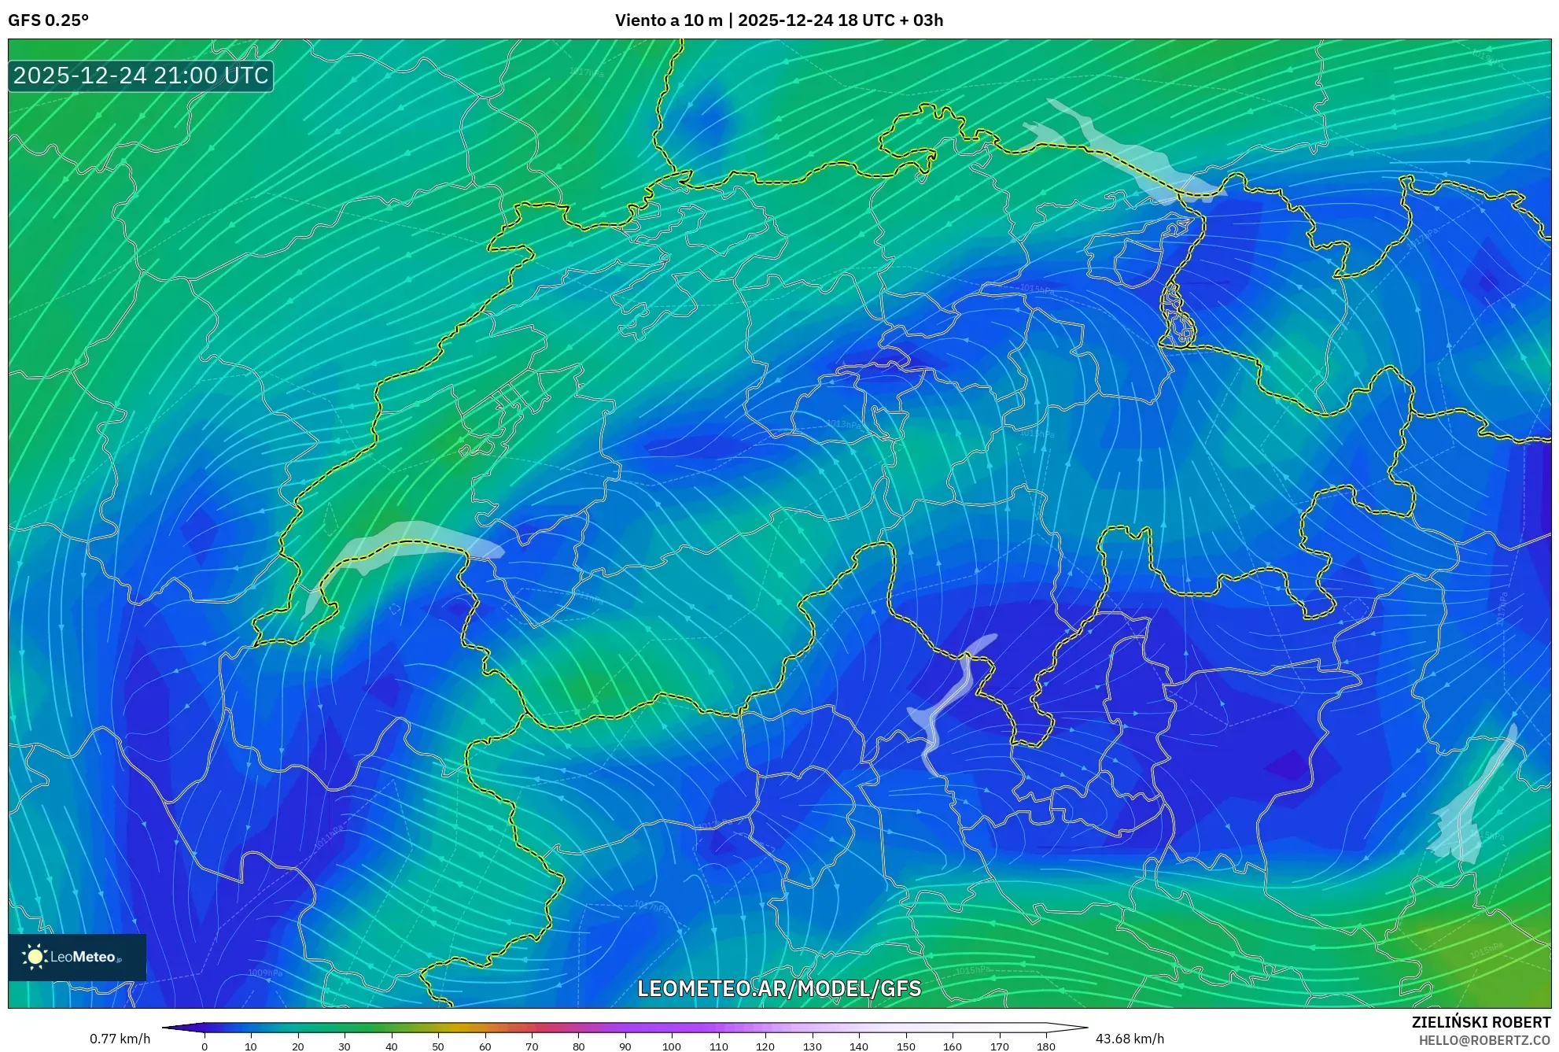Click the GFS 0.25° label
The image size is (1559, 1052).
48,20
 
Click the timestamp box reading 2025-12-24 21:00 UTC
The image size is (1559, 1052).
141,76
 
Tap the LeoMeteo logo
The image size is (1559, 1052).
76,957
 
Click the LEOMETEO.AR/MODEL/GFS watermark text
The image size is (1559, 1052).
779,988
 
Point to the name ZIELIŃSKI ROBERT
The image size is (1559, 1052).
1481,1022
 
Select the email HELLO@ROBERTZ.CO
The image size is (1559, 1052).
1484,1040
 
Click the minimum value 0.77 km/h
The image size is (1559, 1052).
120,1039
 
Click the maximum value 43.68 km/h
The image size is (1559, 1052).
1130,1039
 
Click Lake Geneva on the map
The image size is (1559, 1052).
401,543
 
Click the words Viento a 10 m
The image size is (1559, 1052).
669,20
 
